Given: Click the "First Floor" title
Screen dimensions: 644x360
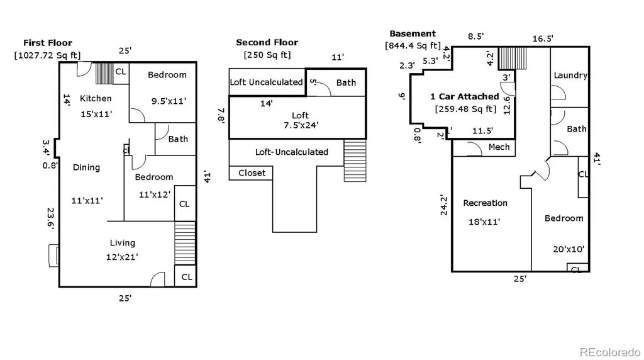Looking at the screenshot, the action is click(48, 43).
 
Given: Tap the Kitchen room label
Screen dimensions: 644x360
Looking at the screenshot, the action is click(96, 98).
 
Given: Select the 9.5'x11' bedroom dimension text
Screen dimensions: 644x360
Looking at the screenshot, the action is click(169, 101).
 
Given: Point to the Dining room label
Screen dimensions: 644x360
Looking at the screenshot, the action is click(86, 167).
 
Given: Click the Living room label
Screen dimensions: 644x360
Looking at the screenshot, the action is click(123, 243).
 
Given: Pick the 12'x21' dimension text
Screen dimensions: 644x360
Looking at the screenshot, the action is click(122, 257).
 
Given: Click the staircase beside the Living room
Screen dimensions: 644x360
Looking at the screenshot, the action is click(185, 244).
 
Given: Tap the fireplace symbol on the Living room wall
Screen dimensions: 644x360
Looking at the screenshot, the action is click(54, 256).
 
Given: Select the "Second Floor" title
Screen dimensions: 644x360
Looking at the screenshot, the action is click(267, 42).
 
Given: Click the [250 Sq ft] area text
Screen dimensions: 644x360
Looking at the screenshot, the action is click(267, 55).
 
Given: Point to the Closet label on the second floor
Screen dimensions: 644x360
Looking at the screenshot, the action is click(252, 173).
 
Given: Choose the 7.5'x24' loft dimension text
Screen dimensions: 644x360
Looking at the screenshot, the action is click(301, 125).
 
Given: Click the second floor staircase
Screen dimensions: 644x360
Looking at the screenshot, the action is click(355, 160).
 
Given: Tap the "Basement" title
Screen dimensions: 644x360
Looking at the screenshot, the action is click(413, 34).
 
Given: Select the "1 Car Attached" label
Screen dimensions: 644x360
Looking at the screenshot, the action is click(465, 96).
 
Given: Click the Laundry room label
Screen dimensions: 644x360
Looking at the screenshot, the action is click(570, 76).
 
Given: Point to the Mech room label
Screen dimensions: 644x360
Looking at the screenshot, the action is click(499, 147).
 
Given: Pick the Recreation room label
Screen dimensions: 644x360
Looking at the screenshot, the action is click(485, 203).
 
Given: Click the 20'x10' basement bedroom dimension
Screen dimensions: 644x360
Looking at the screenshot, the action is click(569, 249).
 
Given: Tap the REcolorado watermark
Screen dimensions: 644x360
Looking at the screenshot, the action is click(610, 352).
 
